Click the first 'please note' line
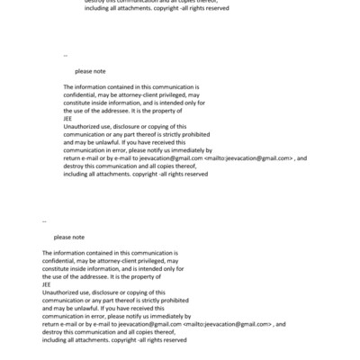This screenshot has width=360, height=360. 90,70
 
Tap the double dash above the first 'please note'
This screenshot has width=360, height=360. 66,56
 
